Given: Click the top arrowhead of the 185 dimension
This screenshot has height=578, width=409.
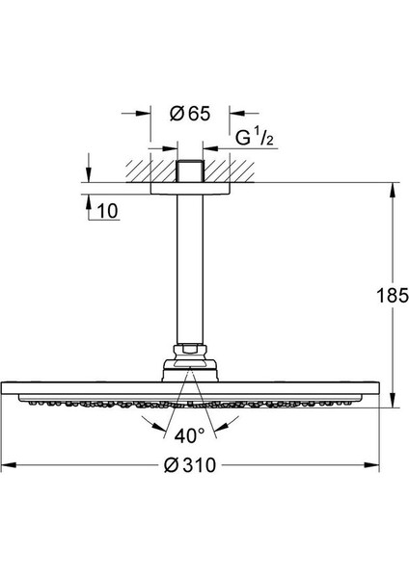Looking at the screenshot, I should [392, 188].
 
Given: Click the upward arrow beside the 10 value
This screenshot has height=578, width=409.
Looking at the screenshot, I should [88, 202].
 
